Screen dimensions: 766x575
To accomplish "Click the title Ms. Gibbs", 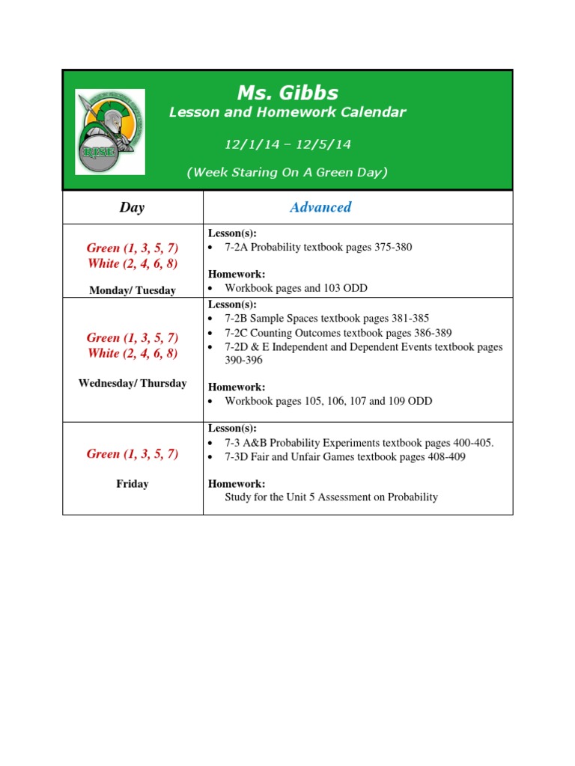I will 287,93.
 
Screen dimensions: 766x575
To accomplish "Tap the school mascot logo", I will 110,129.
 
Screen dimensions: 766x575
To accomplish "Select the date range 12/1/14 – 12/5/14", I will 287,142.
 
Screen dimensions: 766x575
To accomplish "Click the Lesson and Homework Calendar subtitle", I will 287,112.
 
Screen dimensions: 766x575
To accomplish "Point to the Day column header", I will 132,208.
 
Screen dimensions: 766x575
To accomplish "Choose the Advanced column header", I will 320,208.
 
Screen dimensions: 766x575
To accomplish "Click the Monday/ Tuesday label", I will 133,290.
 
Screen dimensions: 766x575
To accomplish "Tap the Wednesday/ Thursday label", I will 133,383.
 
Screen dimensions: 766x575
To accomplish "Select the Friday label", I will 133,484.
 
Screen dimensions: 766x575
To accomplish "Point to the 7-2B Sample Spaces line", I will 326,318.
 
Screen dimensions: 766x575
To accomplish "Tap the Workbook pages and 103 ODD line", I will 296,288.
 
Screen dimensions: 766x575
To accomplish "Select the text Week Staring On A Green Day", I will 287,172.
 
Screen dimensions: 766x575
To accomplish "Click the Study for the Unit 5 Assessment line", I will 331,497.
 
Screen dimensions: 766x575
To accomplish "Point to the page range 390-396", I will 243,360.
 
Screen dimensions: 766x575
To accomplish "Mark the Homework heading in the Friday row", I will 236,484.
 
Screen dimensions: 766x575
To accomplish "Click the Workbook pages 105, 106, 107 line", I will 328,401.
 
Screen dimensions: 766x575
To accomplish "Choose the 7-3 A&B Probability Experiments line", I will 359,443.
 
